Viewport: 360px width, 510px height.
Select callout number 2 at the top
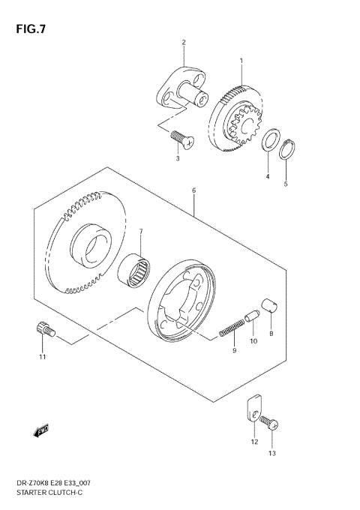(182, 42)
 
